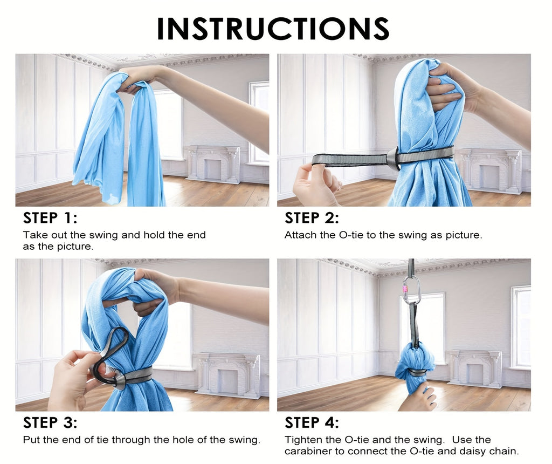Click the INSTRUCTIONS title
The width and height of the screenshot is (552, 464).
(x=273, y=29)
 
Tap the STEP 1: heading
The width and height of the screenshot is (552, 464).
(x=50, y=218)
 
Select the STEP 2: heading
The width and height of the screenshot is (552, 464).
(x=312, y=218)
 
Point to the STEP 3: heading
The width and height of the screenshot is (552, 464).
(x=50, y=422)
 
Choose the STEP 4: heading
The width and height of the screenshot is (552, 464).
(x=312, y=422)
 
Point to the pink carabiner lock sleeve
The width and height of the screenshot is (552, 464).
(x=405, y=289)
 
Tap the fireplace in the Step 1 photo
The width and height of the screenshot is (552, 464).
(x=213, y=164)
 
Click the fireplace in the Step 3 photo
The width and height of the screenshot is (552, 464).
(x=229, y=375)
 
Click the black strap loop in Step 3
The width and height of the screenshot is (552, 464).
(x=109, y=356)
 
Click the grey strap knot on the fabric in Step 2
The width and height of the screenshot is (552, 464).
(x=393, y=159)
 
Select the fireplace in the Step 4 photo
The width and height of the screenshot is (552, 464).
(x=475, y=369)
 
